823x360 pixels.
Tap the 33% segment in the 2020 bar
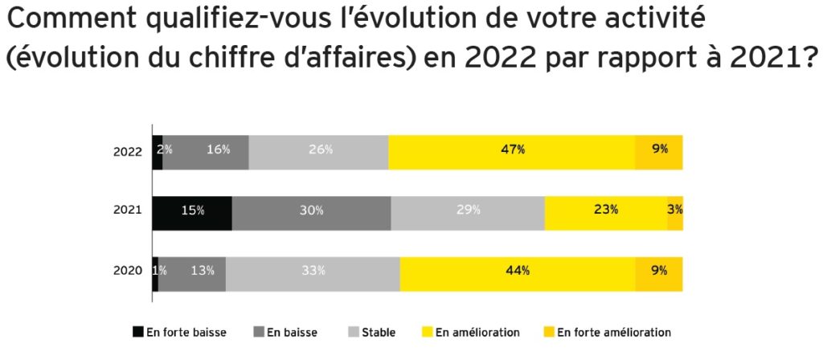tap(313, 273)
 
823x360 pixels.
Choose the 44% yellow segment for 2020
tap(518, 273)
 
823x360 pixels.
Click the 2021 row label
tap(129, 211)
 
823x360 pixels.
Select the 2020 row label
tap(129, 271)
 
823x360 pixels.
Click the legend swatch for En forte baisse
tap(137, 332)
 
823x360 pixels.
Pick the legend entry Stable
tap(379, 332)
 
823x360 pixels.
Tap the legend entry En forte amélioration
tap(614, 332)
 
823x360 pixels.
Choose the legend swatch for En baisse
tap(258, 332)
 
